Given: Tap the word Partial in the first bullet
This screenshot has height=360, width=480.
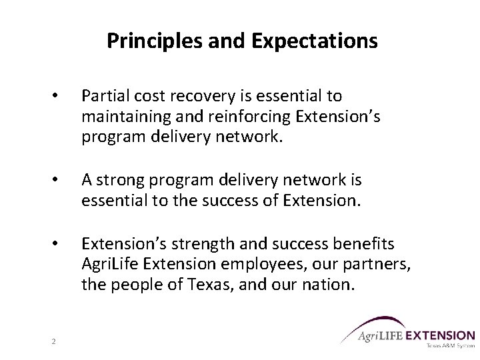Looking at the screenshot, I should pos(103,97).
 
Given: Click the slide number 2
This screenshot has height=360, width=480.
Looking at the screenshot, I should pos(53,342).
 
